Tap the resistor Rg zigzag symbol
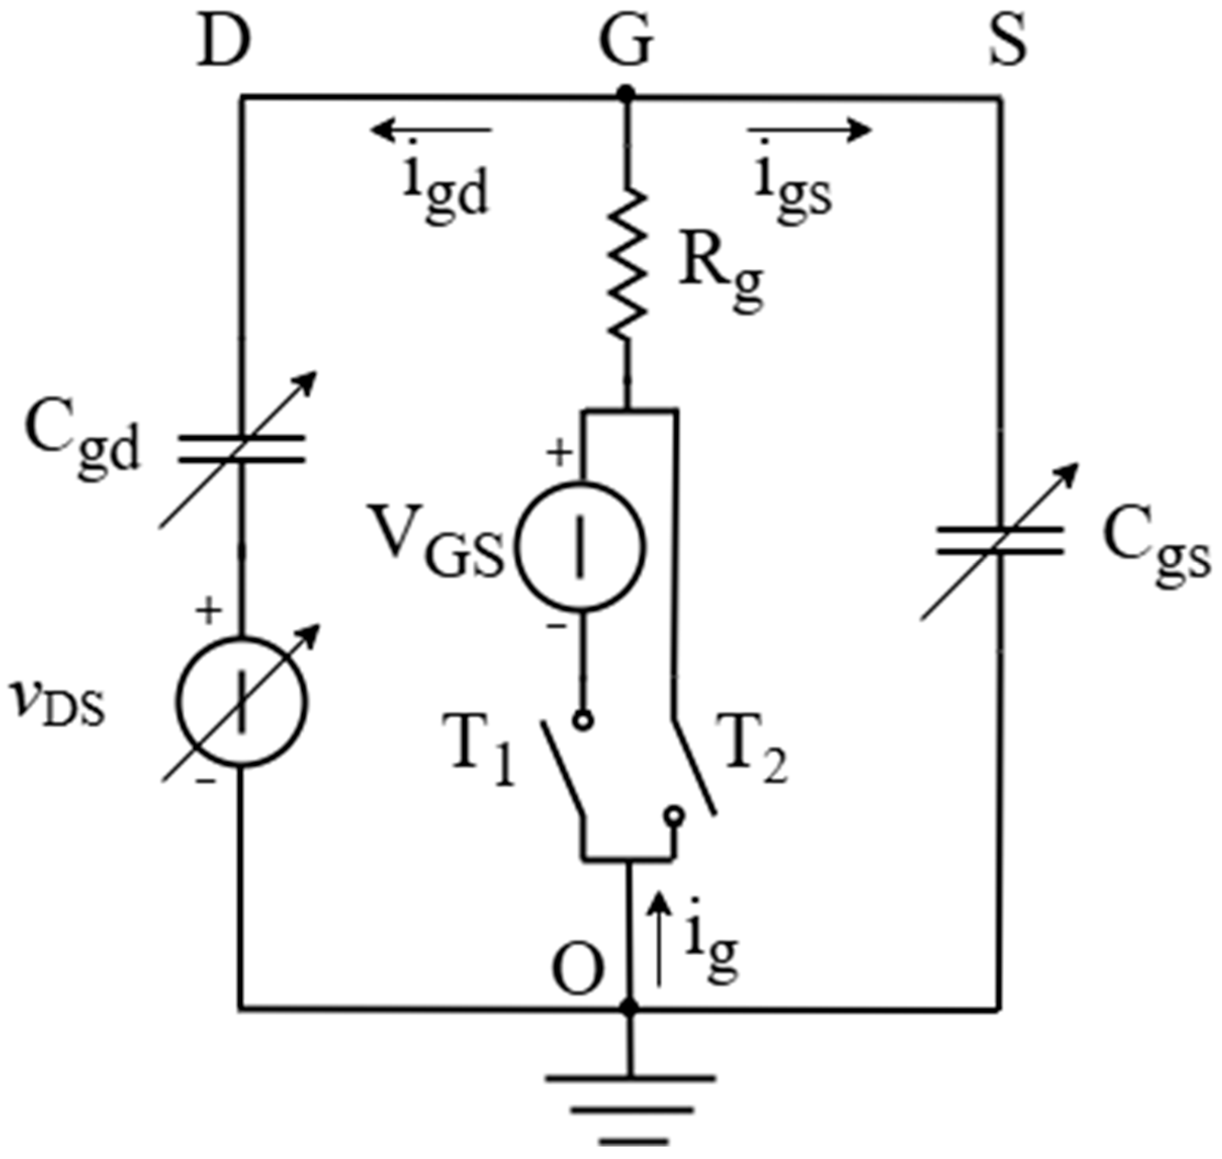[628, 265]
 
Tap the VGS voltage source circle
[581, 547]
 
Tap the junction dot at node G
[627, 95]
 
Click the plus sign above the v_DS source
[209, 612]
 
